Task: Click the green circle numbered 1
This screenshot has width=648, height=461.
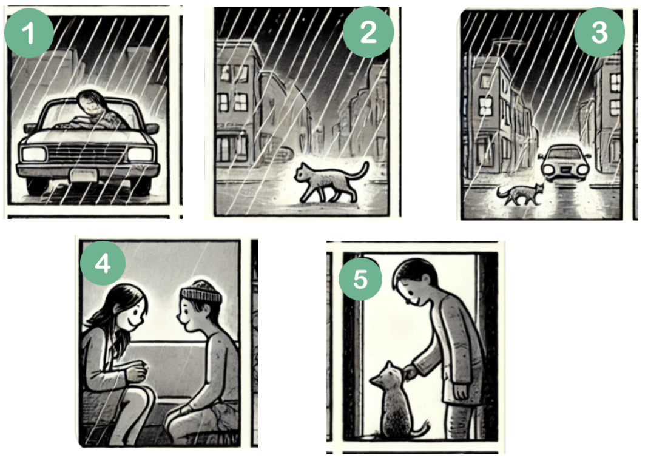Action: pyautogui.click(x=29, y=32)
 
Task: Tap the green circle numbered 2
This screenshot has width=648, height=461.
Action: pyautogui.click(x=368, y=32)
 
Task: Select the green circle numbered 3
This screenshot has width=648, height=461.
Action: pyautogui.click(x=599, y=32)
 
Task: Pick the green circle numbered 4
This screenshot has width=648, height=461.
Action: pyautogui.click(x=103, y=263)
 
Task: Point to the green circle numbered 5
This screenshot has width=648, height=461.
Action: pyautogui.click(x=360, y=279)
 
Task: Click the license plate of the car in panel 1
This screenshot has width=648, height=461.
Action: pyautogui.click(x=84, y=175)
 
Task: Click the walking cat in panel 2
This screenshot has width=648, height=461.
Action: pyautogui.click(x=331, y=182)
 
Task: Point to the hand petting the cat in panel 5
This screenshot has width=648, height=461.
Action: pyautogui.click(x=410, y=372)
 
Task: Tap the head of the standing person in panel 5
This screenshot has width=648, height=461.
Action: pyautogui.click(x=414, y=282)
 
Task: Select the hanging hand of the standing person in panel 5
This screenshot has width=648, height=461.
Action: pyautogui.click(x=461, y=391)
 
